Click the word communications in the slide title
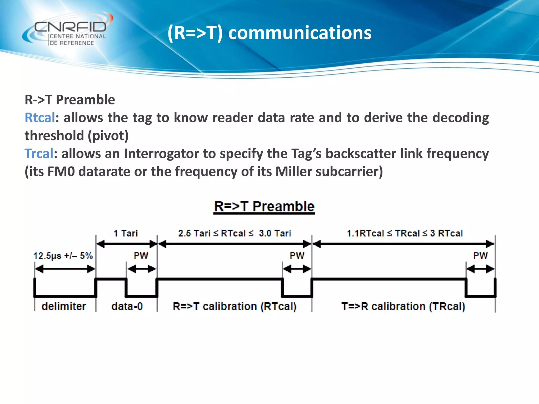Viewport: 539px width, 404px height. pos(300,33)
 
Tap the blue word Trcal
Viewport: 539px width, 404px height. pos(39,154)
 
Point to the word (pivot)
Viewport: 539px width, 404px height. pos(108,136)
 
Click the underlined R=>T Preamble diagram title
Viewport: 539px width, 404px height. pos(264,207)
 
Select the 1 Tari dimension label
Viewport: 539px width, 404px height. pos(126,233)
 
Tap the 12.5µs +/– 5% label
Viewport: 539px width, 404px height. pos(63,256)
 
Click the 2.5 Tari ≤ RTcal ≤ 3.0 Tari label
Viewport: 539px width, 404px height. pos(234,233)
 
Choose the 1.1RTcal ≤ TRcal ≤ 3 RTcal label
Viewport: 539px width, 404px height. pos(405,233)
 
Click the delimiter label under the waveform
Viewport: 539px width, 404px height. pos(64,306)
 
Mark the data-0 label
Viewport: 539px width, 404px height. pos(127,306)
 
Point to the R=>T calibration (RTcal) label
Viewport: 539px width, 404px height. pos(234,306)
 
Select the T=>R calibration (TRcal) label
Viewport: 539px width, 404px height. pos(403,306)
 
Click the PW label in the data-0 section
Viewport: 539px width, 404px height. pos(141,256)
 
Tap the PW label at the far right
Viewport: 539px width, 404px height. pos(480,256)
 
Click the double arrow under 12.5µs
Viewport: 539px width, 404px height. pos(65,269)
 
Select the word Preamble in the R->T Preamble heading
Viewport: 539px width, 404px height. pos(85,100)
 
